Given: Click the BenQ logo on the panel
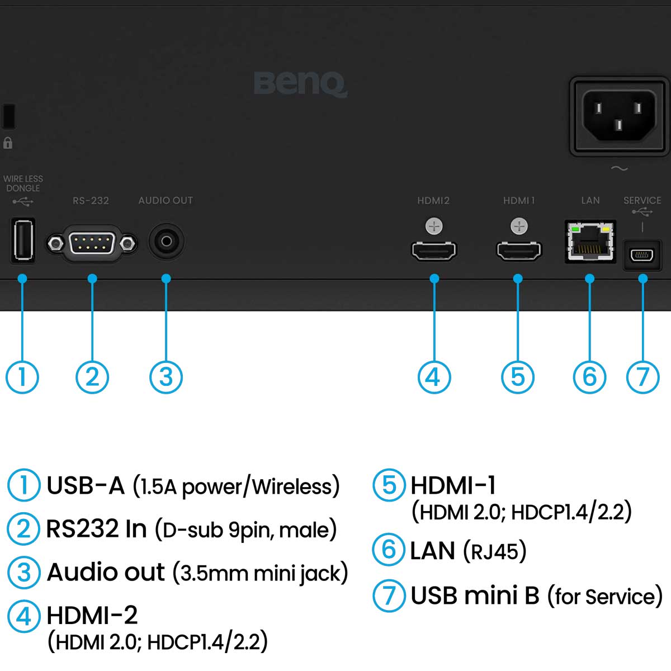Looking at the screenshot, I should point(300,84).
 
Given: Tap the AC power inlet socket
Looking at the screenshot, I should point(618,116).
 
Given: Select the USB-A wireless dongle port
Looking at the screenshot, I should point(22,240).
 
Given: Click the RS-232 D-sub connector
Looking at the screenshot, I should point(92,243).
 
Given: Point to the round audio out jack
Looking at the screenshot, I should point(166,241).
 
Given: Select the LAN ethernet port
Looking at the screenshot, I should point(590,242).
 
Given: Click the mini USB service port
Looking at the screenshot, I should point(642,255).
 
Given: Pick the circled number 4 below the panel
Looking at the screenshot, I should point(434,377).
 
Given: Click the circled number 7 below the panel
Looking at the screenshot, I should point(642,377).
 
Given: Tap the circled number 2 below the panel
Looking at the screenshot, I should point(92,377).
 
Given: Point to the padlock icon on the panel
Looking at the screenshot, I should point(8,143).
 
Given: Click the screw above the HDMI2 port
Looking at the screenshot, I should point(434,226).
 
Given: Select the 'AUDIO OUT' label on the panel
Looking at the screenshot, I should point(166,200).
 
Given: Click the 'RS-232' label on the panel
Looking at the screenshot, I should point(91,200).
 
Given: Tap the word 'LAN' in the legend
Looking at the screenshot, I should point(432,551).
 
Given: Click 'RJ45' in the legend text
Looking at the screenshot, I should point(495,552).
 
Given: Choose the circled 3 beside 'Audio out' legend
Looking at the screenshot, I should point(23,572).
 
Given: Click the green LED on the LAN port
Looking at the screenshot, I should point(574,229).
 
